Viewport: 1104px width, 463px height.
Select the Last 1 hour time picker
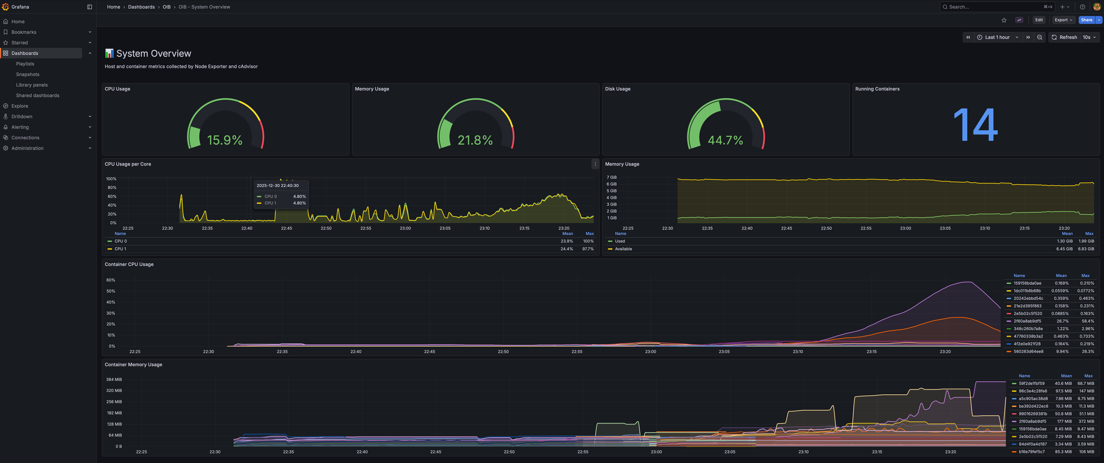tap(997, 37)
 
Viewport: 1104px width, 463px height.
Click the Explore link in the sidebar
tap(20, 106)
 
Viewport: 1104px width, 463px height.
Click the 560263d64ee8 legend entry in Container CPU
tap(1028, 352)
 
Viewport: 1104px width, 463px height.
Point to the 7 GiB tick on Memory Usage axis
tap(612, 177)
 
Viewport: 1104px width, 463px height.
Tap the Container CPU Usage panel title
tap(129, 264)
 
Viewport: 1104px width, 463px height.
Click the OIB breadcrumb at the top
tap(166, 7)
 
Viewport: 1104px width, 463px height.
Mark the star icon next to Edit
tap(1004, 20)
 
